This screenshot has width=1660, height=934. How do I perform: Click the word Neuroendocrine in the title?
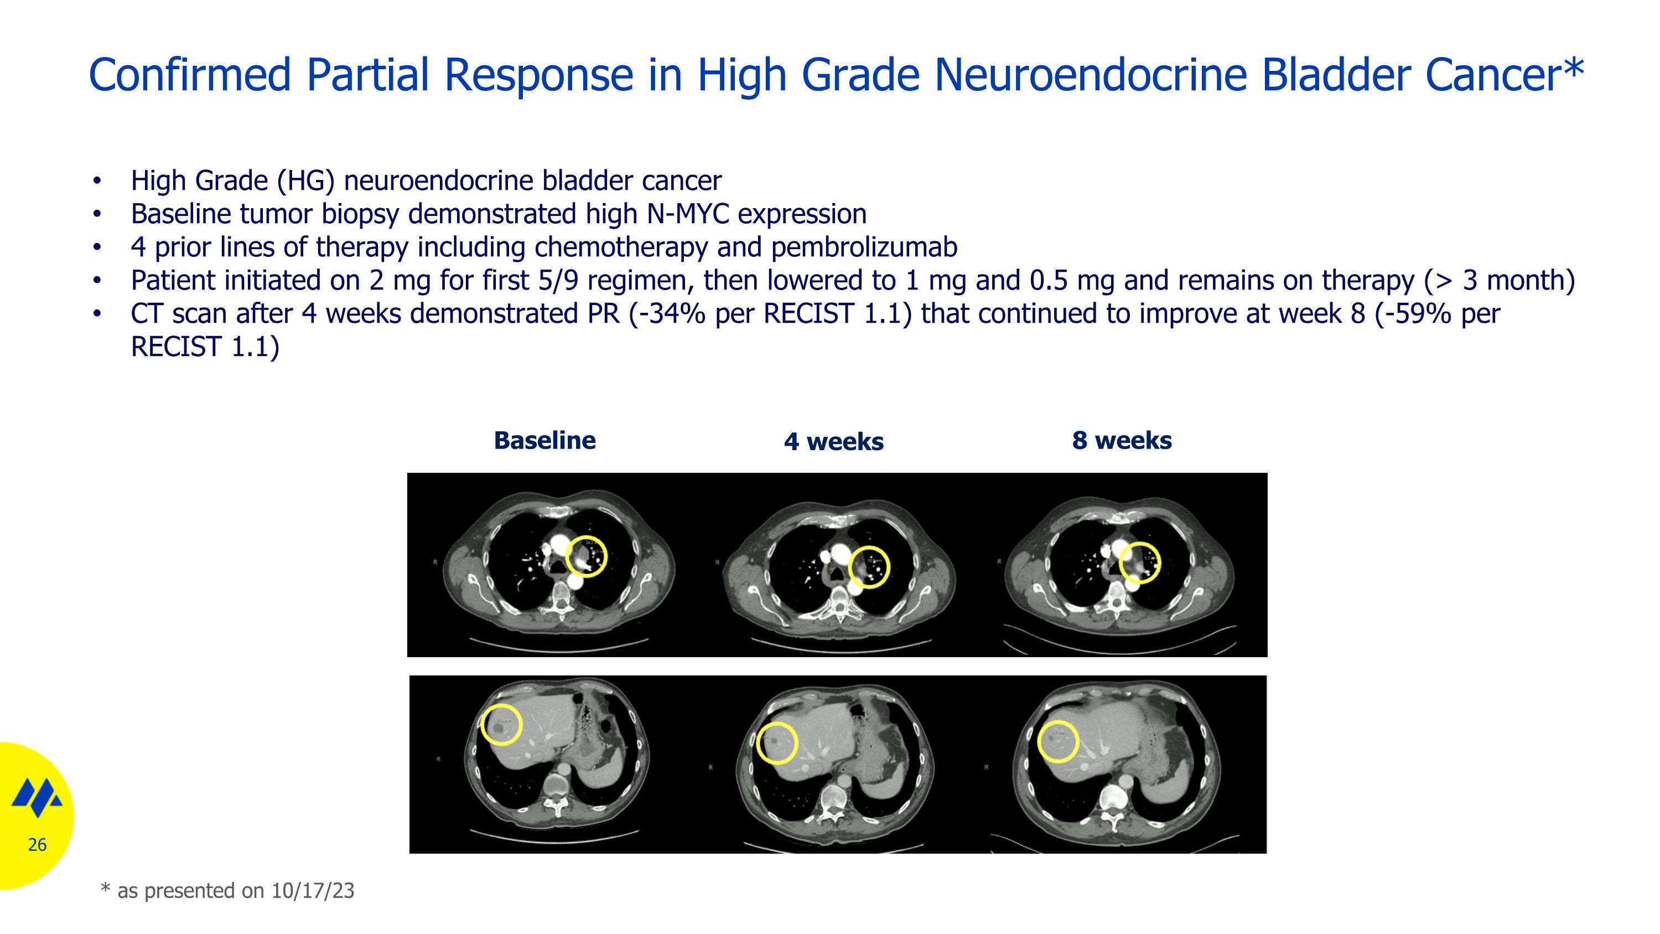click(x=1090, y=75)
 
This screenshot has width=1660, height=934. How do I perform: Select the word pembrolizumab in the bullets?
click(x=864, y=247)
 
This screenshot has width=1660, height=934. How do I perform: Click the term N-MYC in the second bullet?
click(x=688, y=214)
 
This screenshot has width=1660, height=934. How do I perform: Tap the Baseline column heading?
click(x=544, y=441)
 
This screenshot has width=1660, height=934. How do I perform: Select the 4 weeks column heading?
click(x=833, y=442)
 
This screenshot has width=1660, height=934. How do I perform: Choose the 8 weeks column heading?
click(x=1121, y=441)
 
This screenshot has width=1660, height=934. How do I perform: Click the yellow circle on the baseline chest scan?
click(x=587, y=556)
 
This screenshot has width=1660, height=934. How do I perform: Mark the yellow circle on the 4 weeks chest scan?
click(x=869, y=567)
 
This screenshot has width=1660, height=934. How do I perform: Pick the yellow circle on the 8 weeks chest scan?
click(x=1139, y=563)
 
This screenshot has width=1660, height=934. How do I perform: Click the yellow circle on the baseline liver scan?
click(x=501, y=725)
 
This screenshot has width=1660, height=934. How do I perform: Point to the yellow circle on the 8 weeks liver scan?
click(x=1058, y=742)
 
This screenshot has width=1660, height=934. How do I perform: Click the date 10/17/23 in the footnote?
click(x=313, y=891)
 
